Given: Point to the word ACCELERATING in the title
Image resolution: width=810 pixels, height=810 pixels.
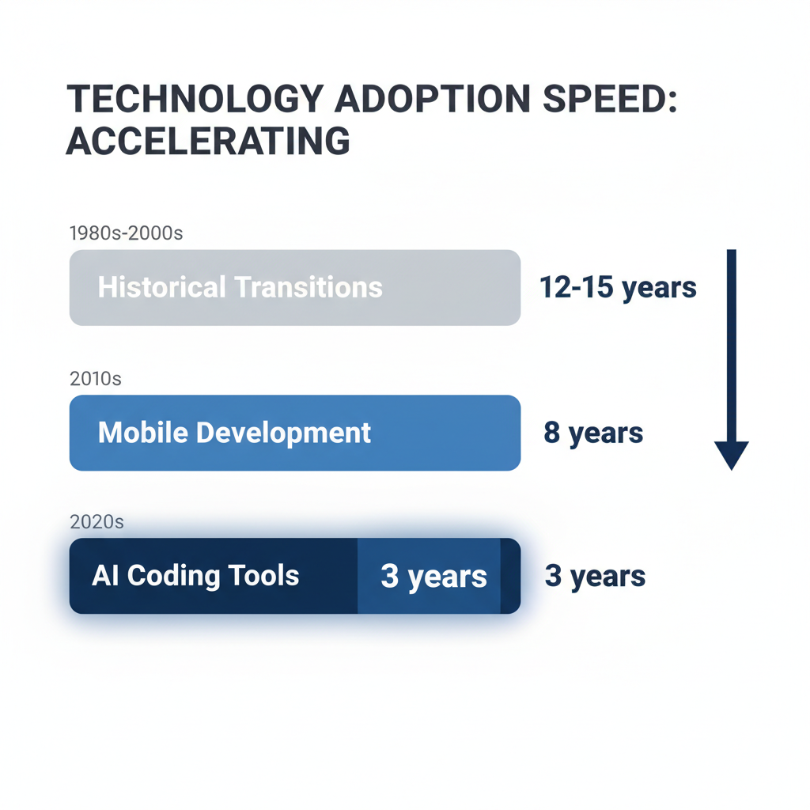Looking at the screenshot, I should tap(208, 141).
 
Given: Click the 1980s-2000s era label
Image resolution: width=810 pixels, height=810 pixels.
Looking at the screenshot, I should tap(127, 233).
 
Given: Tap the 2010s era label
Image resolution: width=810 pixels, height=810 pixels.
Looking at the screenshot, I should tap(96, 379).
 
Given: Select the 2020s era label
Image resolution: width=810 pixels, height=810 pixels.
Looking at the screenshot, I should tap(97, 522).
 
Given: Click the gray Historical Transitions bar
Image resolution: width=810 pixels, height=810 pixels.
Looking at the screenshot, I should tap(295, 287).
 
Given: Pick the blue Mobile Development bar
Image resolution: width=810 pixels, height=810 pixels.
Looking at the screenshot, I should tap(295, 433).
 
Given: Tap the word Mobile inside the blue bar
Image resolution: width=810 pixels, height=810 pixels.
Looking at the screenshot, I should tap(142, 433).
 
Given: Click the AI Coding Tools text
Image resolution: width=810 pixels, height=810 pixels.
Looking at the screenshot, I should tap(195, 575).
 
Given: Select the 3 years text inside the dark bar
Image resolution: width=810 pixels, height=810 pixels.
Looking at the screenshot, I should tap(433, 577).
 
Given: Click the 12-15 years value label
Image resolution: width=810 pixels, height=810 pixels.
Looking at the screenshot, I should tap(618, 287).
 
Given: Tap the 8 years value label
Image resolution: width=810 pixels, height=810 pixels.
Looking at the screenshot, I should tap(593, 433).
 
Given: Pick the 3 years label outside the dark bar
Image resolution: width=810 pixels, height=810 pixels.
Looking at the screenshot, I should tap(595, 577).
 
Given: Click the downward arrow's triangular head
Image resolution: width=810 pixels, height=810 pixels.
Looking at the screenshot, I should tap(732, 455).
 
